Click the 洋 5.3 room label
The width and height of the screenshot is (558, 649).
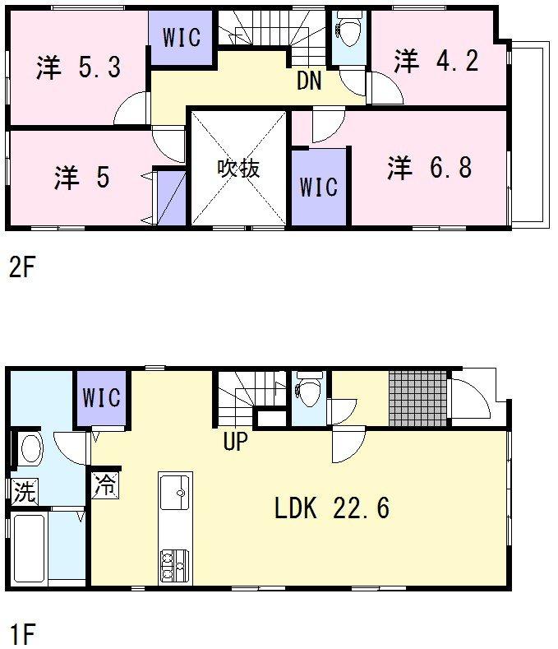(x=79, y=67)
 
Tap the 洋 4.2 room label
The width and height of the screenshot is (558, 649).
(x=436, y=60)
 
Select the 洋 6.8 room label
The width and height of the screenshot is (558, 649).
(x=430, y=167)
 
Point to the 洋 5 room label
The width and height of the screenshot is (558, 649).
(x=82, y=177)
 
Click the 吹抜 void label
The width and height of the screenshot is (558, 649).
(x=238, y=169)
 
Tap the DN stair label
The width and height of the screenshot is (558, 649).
(x=309, y=81)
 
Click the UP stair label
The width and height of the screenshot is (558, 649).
(x=235, y=441)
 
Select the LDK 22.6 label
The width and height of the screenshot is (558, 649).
(x=332, y=508)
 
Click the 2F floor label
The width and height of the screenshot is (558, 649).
(x=21, y=267)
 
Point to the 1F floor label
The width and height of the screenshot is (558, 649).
(x=22, y=633)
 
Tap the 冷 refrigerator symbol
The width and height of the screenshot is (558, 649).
(x=105, y=484)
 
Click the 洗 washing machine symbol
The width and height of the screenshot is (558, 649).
(x=25, y=491)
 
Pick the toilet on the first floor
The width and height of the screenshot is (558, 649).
(x=308, y=389)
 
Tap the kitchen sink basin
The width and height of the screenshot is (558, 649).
(x=174, y=493)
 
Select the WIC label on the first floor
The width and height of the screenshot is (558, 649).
(x=101, y=397)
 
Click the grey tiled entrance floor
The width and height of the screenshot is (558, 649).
(x=418, y=399)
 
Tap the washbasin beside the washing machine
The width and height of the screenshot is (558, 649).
(x=31, y=448)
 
